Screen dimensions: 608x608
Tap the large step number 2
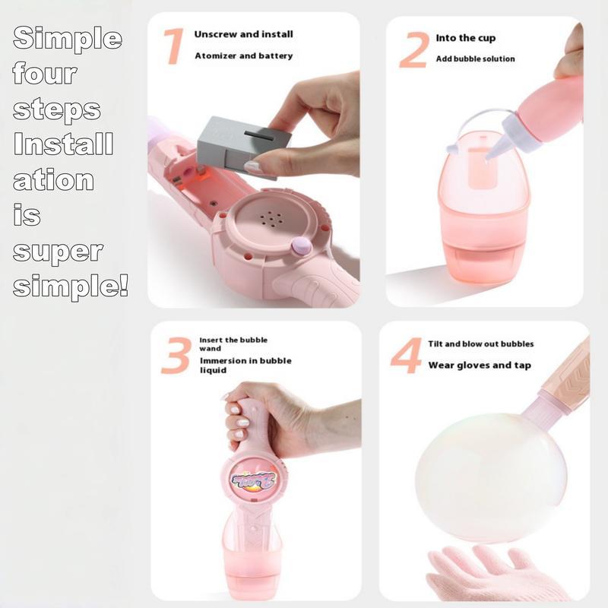pyautogui.click(x=413, y=50)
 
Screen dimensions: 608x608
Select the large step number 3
pyautogui.click(x=176, y=355)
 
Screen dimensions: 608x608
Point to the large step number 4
pyautogui.click(x=406, y=356)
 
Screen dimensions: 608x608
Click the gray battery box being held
pyautogui.click(x=242, y=141)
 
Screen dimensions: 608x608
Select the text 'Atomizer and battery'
pyautogui.click(x=243, y=55)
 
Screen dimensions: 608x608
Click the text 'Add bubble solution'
pyautogui.click(x=475, y=59)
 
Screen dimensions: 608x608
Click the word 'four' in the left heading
pyautogui.click(x=45, y=75)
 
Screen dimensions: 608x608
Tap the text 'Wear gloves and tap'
pyautogui.click(x=480, y=366)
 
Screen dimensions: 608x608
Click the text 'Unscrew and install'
pyautogui.click(x=243, y=35)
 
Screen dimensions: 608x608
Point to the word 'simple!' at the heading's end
pyautogui.click(x=70, y=287)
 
